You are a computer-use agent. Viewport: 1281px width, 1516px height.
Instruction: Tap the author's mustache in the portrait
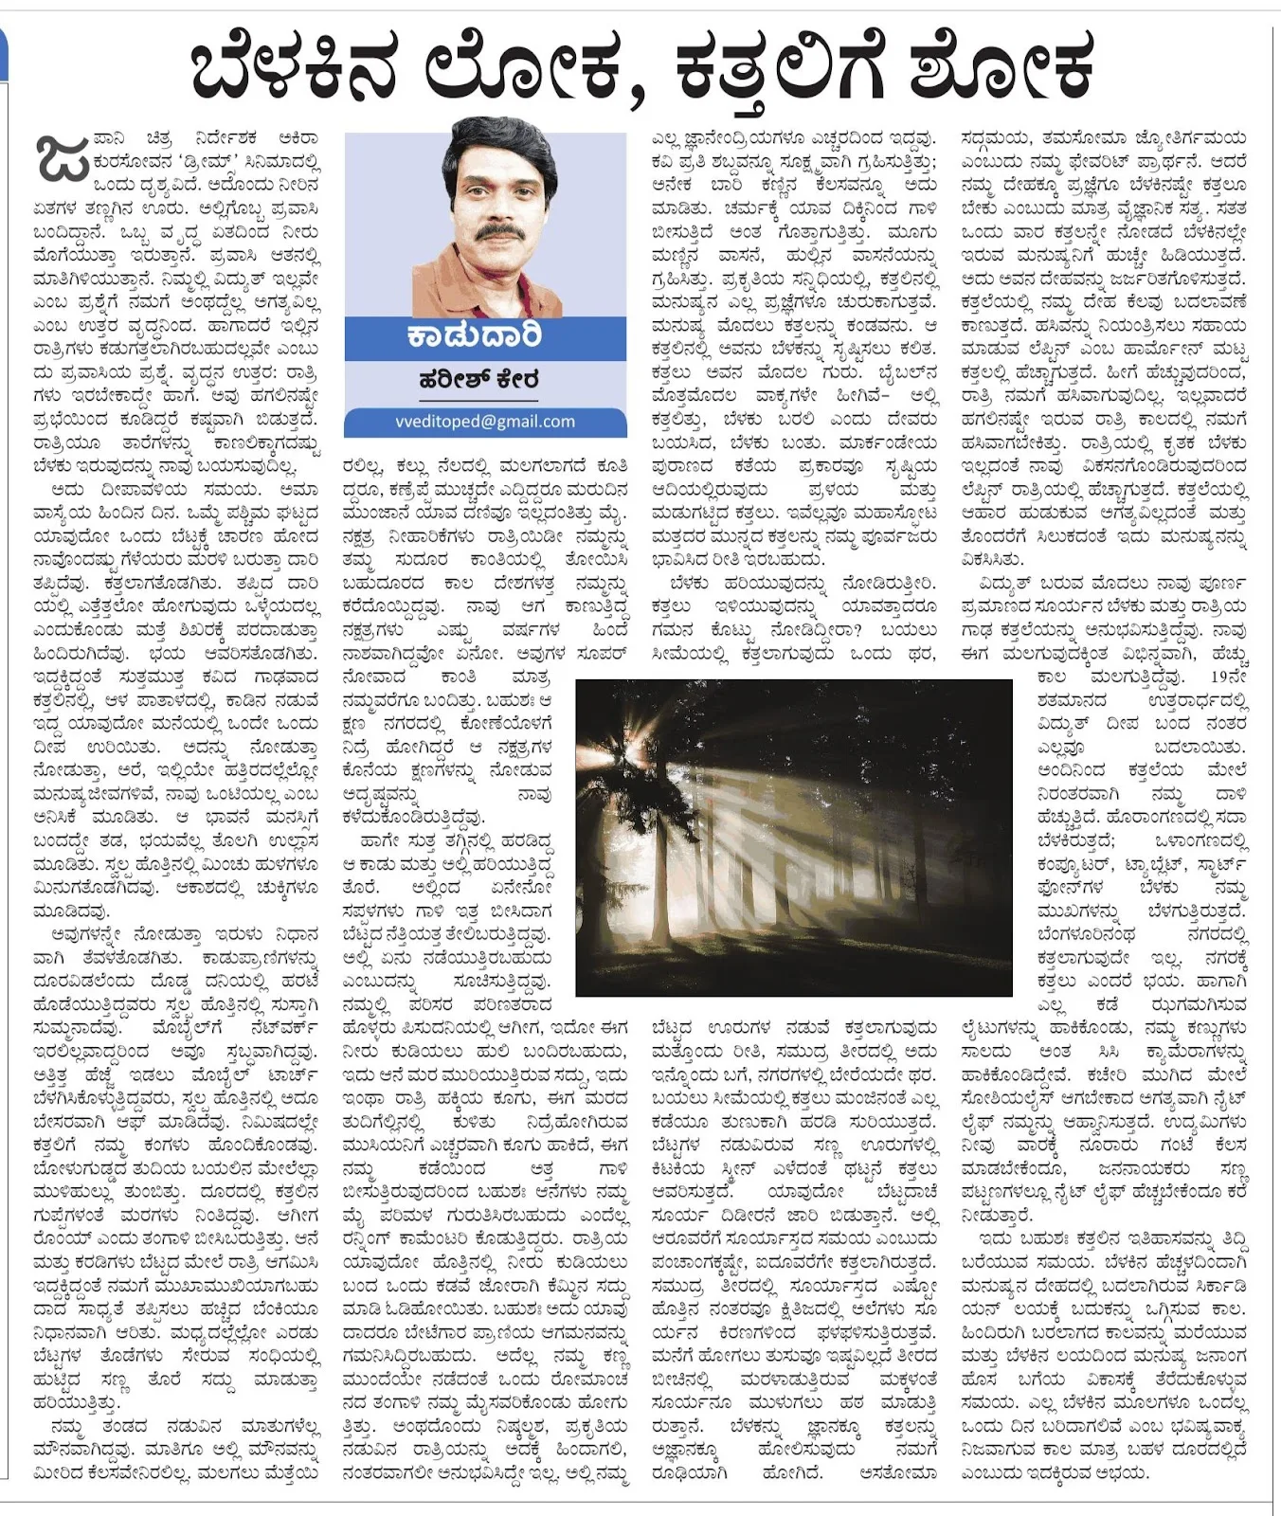(500, 231)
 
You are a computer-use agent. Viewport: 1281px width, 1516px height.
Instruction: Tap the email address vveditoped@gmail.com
(485, 422)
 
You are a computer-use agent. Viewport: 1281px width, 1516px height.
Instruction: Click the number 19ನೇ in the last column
(1229, 677)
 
